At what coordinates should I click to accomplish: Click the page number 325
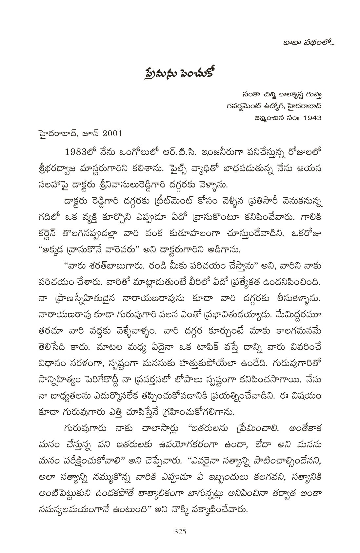[x=180, y=532]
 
